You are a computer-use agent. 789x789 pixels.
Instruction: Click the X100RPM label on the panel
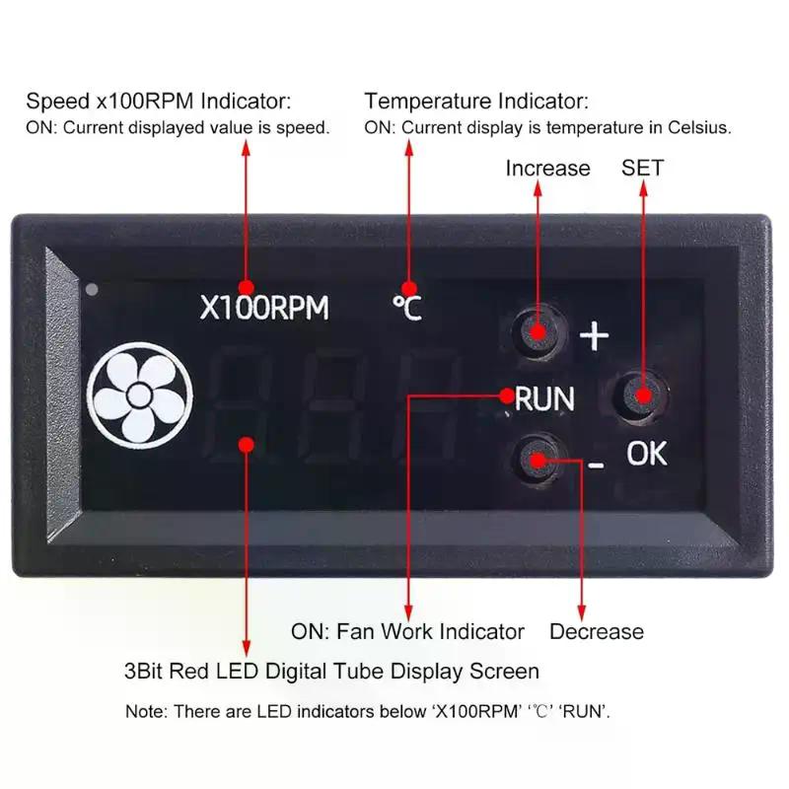(x=264, y=309)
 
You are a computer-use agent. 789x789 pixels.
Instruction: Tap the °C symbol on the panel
(x=406, y=309)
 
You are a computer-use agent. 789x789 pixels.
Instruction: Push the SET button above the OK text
(x=640, y=396)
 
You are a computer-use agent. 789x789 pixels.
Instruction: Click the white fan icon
(x=139, y=396)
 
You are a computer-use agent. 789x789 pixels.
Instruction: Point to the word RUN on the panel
(x=545, y=399)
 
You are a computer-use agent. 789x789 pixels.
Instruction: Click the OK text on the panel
(x=647, y=454)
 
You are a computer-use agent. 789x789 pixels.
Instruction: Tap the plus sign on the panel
(x=594, y=337)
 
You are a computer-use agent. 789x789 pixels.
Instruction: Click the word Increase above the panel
(x=547, y=168)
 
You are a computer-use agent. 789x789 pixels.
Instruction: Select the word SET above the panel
(x=642, y=168)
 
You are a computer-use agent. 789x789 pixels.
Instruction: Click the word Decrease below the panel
(x=596, y=631)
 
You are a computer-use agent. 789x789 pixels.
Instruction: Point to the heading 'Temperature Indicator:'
(x=476, y=101)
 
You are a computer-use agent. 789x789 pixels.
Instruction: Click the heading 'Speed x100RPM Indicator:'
(x=159, y=101)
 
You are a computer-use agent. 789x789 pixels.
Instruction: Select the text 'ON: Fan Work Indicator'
(x=407, y=631)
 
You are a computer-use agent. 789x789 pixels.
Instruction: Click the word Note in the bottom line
(x=145, y=710)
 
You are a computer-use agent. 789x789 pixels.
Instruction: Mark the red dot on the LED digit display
(x=247, y=445)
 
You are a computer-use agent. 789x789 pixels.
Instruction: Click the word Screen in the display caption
(x=505, y=672)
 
